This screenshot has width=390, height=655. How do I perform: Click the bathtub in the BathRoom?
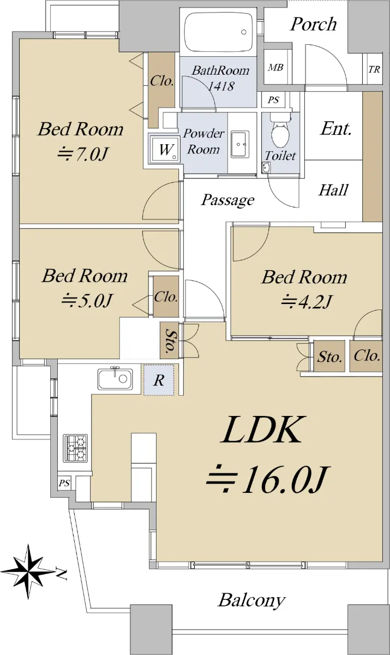[x=219, y=32]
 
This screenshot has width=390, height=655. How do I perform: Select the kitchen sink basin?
[x=115, y=379]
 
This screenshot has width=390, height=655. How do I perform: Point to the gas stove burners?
[x=76, y=448]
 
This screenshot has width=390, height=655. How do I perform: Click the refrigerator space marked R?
[x=159, y=380]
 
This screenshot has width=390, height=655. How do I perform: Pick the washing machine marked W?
[x=165, y=149]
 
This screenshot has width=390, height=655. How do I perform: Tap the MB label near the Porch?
[x=275, y=68]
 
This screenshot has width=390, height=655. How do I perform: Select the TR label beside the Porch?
[x=374, y=69]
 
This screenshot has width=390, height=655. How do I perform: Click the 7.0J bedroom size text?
[x=81, y=153]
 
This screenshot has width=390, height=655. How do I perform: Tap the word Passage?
[x=227, y=200]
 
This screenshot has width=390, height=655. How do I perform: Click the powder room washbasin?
[x=240, y=145]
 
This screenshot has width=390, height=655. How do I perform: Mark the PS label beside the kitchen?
[x=64, y=483]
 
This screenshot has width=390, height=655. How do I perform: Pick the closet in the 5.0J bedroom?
[x=166, y=296]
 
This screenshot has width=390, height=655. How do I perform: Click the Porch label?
[x=313, y=24]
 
